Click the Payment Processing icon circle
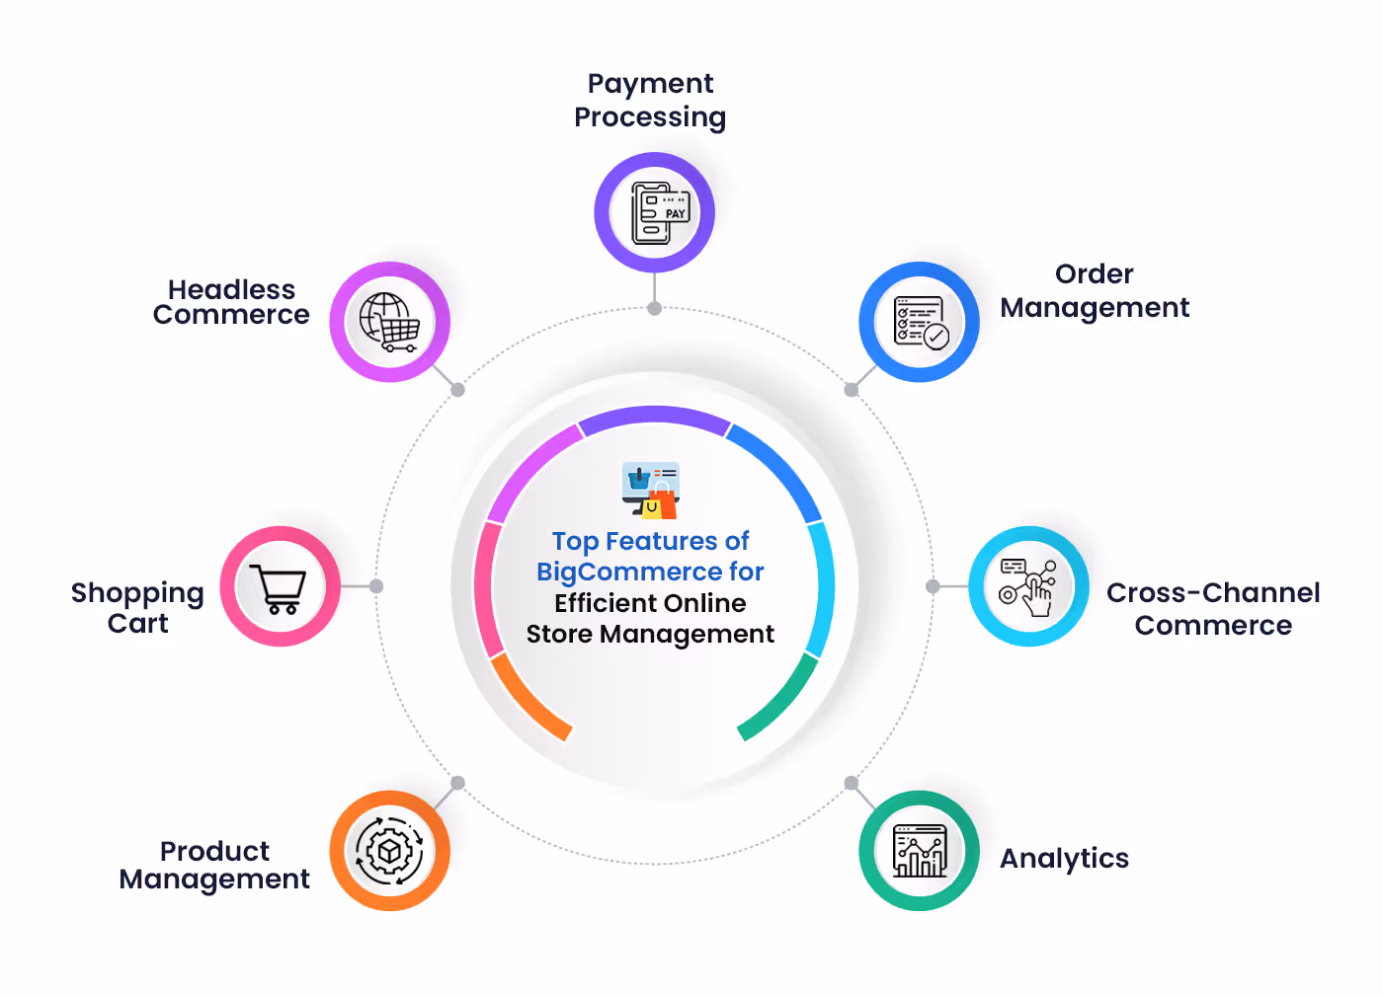654,212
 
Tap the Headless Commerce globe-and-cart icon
389,322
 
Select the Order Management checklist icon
919,322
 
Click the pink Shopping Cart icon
281,586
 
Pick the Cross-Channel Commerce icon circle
1028,586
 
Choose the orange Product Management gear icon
389,850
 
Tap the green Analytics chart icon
919,850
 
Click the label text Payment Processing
650,100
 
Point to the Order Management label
1095,291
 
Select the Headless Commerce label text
231,302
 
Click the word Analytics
1064,859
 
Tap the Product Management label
214,865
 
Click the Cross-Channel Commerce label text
1213,608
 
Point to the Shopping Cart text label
137,607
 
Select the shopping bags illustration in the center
652,491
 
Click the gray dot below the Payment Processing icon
654,308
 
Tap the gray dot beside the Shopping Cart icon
376,586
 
